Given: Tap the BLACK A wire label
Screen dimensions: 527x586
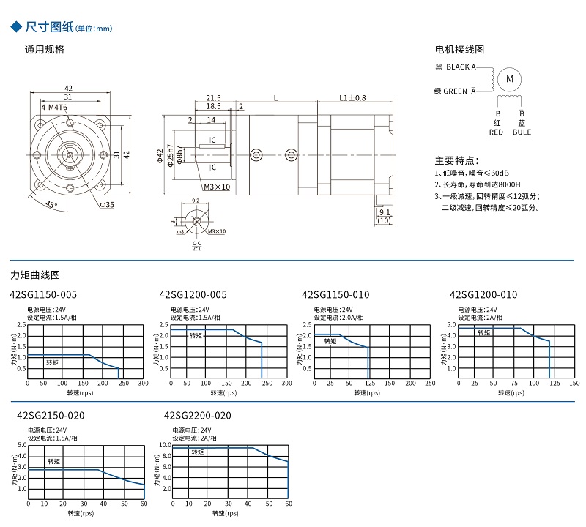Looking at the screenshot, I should tap(458, 67).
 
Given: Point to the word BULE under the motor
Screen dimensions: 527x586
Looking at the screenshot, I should tap(522, 132).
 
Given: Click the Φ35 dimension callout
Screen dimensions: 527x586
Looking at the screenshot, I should tap(108, 205).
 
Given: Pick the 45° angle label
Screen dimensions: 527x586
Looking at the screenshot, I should tap(51, 205).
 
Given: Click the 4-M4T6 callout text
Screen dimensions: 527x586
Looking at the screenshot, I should tap(54, 108).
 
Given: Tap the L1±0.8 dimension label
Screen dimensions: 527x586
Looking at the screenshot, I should tap(352, 97).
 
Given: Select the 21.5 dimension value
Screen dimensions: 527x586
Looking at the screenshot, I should tap(213, 97).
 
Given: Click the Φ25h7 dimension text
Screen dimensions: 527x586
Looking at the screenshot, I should tap(170, 156).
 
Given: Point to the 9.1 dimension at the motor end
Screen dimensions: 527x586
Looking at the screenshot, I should tap(385, 213).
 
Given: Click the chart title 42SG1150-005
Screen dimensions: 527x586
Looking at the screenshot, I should tap(43, 295).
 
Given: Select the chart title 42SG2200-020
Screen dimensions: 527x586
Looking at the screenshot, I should tap(198, 416).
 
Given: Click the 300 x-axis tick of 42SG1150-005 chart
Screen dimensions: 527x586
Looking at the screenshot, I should tap(143, 383).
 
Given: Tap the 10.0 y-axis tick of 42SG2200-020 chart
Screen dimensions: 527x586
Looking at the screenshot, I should tap(165, 445).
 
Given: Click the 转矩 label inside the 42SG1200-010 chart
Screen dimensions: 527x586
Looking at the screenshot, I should tap(484, 333).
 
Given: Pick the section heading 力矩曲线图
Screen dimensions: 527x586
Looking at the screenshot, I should tap(35, 275).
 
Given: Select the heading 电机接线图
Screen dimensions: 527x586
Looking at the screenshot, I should tap(460, 50).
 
